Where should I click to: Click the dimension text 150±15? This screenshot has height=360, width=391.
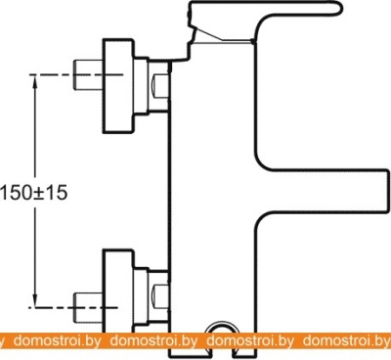coord(33,192)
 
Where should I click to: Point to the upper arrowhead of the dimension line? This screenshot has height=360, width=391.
coord(35,81)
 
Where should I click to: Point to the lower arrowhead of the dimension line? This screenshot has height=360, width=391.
coord(34,300)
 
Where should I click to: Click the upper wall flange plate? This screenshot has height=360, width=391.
coord(118,86)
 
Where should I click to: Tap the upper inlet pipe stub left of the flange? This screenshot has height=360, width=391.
coord(88,75)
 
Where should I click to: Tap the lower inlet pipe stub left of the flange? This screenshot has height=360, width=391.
coord(88,307)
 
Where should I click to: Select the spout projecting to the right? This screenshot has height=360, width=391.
coord(323,192)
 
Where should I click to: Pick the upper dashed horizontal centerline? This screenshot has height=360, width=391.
coord(76,75)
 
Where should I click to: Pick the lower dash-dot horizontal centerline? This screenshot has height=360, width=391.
coord(73,307)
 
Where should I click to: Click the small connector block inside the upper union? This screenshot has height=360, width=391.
coord(160,86)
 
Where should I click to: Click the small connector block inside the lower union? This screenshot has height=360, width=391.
coord(160,296)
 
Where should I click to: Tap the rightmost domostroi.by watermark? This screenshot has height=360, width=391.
coord(346,341)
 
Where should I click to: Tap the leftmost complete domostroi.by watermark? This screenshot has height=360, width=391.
coord(58,341)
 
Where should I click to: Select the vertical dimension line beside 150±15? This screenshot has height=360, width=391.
coord(35,191)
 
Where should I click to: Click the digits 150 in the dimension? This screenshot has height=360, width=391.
coord(16,192)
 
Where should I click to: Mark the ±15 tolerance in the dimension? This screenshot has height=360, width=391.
coord(50,192)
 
